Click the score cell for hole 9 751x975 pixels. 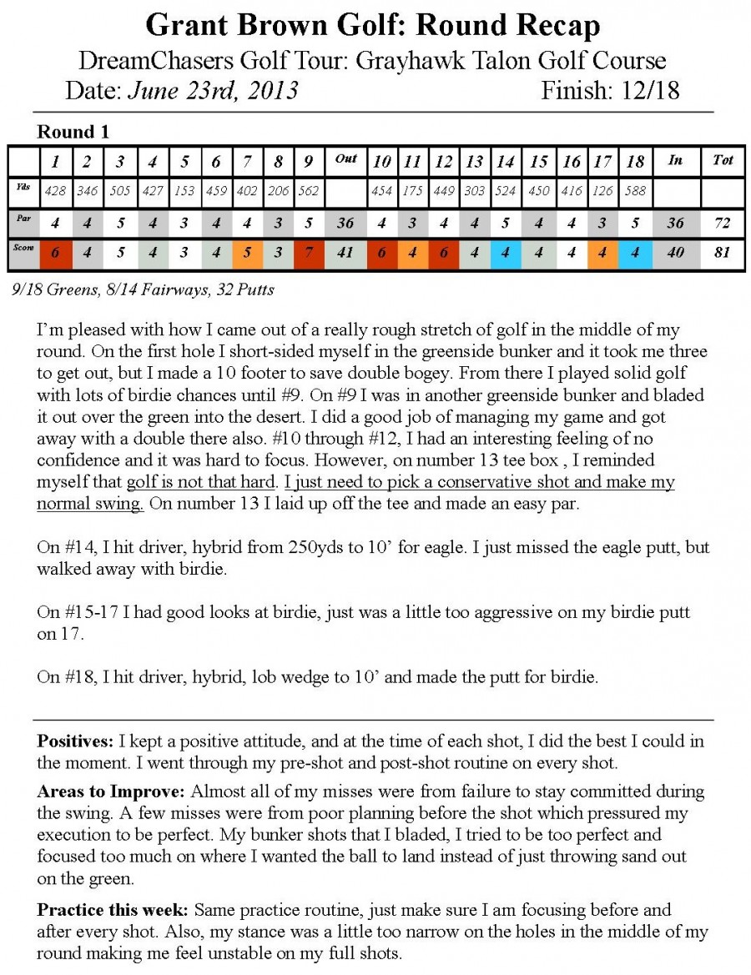(x=308, y=253)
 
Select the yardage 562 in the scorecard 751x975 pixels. (x=308, y=191)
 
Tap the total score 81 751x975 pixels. (x=723, y=253)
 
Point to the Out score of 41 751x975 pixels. (x=345, y=253)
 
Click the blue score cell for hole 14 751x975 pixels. (x=505, y=253)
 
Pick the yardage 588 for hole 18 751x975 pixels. (x=635, y=191)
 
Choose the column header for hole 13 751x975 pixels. (x=474, y=160)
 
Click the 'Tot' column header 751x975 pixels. (x=723, y=159)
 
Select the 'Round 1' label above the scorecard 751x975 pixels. (x=73, y=132)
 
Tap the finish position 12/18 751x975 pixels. (x=650, y=90)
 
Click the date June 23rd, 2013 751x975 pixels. (x=213, y=90)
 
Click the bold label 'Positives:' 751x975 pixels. (x=76, y=741)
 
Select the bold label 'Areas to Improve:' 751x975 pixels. (x=113, y=792)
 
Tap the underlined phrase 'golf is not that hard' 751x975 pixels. (x=201, y=482)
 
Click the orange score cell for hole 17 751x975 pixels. (x=602, y=253)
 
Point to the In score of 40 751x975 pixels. (x=675, y=253)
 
